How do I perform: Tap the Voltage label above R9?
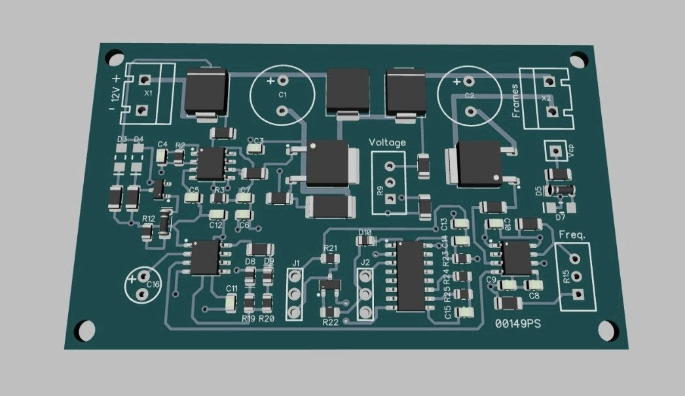(x=387, y=143)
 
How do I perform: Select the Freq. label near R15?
(x=572, y=234)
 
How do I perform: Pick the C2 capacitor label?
(x=469, y=96)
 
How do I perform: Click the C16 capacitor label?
(x=153, y=285)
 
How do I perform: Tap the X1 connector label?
(x=148, y=93)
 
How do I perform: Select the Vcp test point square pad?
(x=556, y=151)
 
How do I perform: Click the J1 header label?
(x=295, y=263)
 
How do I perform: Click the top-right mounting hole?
(x=576, y=61)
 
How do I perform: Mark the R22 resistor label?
(x=330, y=322)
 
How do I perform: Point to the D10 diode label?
(x=365, y=232)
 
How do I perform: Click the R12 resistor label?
(x=149, y=219)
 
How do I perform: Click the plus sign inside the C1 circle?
(x=270, y=81)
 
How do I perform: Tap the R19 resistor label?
(x=248, y=319)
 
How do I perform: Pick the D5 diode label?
(x=538, y=190)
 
